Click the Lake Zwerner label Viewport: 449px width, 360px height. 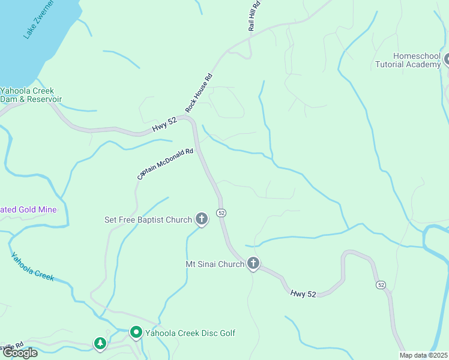tap(39, 20)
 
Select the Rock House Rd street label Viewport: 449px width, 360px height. tap(200, 92)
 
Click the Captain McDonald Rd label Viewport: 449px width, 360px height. tap(165, 164)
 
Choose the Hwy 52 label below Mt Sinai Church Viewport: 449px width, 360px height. tap(303, 294)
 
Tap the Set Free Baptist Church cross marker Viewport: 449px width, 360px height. tap(202, 219)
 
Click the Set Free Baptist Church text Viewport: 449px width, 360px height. tap(148, 220)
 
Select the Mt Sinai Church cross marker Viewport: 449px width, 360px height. tap(253, 263)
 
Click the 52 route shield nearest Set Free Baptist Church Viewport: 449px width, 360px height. tap(221, 213)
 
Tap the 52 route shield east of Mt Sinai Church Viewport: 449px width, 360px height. tap(381, 284)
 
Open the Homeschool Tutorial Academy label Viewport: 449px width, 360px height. tap(408, 60)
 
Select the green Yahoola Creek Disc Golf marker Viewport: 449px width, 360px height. tap(136, 332)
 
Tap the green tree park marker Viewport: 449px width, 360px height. tap(100, 343)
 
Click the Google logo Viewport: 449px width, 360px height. tap(20, 353)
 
